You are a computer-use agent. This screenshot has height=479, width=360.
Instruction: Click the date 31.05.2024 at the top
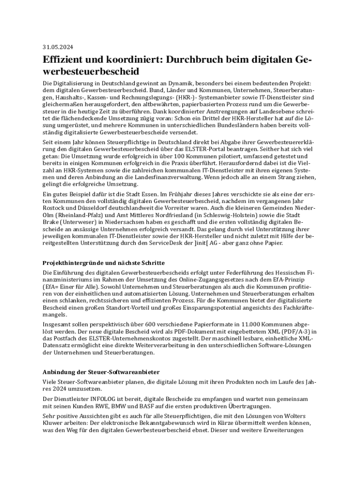pyautogui.click(x=58, y=47)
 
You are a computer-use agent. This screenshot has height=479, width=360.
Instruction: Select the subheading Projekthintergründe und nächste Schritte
pyautogui.click(x=103, y=263)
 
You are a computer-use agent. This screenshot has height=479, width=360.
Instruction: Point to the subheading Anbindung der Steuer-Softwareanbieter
pyautogui.click(x=101, y=372)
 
